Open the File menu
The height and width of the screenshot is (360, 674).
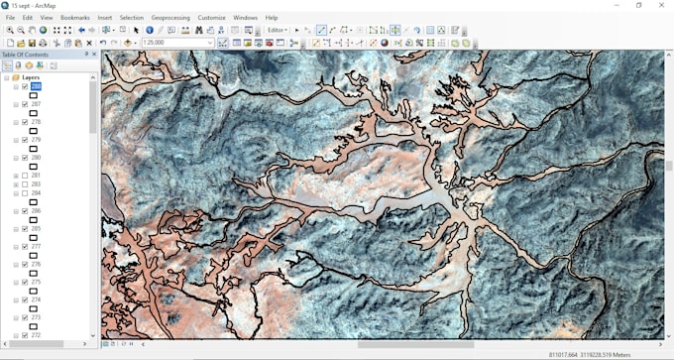coord(10,18)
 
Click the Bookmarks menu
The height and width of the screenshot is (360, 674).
coord(74,18)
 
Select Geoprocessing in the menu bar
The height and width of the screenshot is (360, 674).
coord(170,18)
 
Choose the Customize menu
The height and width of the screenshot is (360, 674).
coord(211,18)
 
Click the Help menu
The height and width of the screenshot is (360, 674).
coord(272,18)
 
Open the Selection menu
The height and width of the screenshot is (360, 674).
coord(131,18)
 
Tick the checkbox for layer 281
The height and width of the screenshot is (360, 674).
coord(25,176)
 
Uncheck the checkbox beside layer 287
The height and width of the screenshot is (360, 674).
coord(25,104)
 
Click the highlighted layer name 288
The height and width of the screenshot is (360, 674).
coord(36,86)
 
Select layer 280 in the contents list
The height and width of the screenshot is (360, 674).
coord(36,158)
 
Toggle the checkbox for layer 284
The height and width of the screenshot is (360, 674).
coord(25,193)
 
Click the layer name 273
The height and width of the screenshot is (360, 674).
coord(36,317)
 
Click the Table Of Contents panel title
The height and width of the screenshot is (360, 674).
coord(28,54)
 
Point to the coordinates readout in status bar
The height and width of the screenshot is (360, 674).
coord(589,354)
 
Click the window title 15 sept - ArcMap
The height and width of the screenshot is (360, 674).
coord(34,5)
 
